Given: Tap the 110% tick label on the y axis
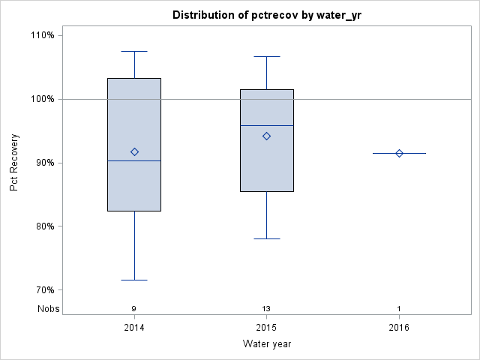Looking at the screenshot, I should [x=43, y=35].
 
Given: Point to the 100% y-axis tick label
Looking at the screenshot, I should [x=43, y=99].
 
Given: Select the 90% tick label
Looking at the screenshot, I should [x=44, y=163].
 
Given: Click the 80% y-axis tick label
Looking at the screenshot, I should [x=44, y=226].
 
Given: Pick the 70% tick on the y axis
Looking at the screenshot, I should [x=44, y=290].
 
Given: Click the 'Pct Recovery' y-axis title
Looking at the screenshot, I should [x=14, y=163].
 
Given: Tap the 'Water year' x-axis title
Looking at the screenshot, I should [x=267, y=344].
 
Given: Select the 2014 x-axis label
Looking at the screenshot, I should [x=134, y=328].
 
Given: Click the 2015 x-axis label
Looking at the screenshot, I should [x=267, y=328].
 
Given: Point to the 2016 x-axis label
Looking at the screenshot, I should [x=399, y=328].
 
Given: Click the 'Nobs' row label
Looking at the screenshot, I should [x=47, y=308].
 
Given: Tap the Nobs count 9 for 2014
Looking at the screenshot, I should [x=134, y=308].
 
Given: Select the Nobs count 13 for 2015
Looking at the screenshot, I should [x=267, y=308].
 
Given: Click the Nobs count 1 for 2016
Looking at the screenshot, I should [x=399, y=308].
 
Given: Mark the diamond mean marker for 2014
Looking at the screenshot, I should [x=134, y=151].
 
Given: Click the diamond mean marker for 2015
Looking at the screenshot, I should [x=267, y=136].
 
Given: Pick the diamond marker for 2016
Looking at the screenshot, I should [x=399, y=153].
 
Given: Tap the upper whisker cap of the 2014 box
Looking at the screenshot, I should [x=134, y=51].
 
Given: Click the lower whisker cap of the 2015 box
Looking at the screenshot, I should [x=267, y=238].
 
